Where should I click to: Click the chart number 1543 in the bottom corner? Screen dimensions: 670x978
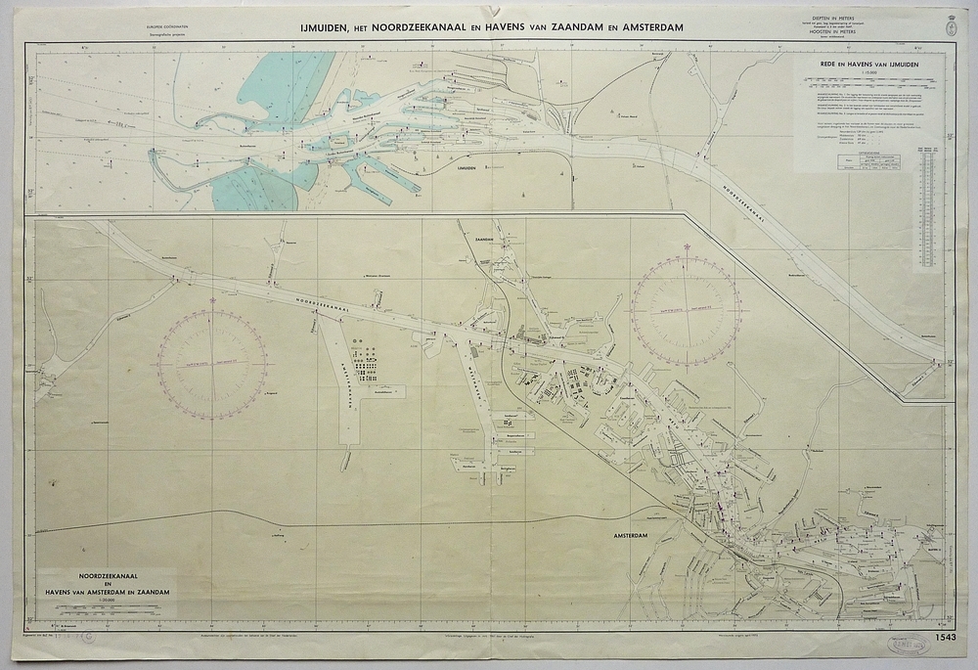tap(946, 639)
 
